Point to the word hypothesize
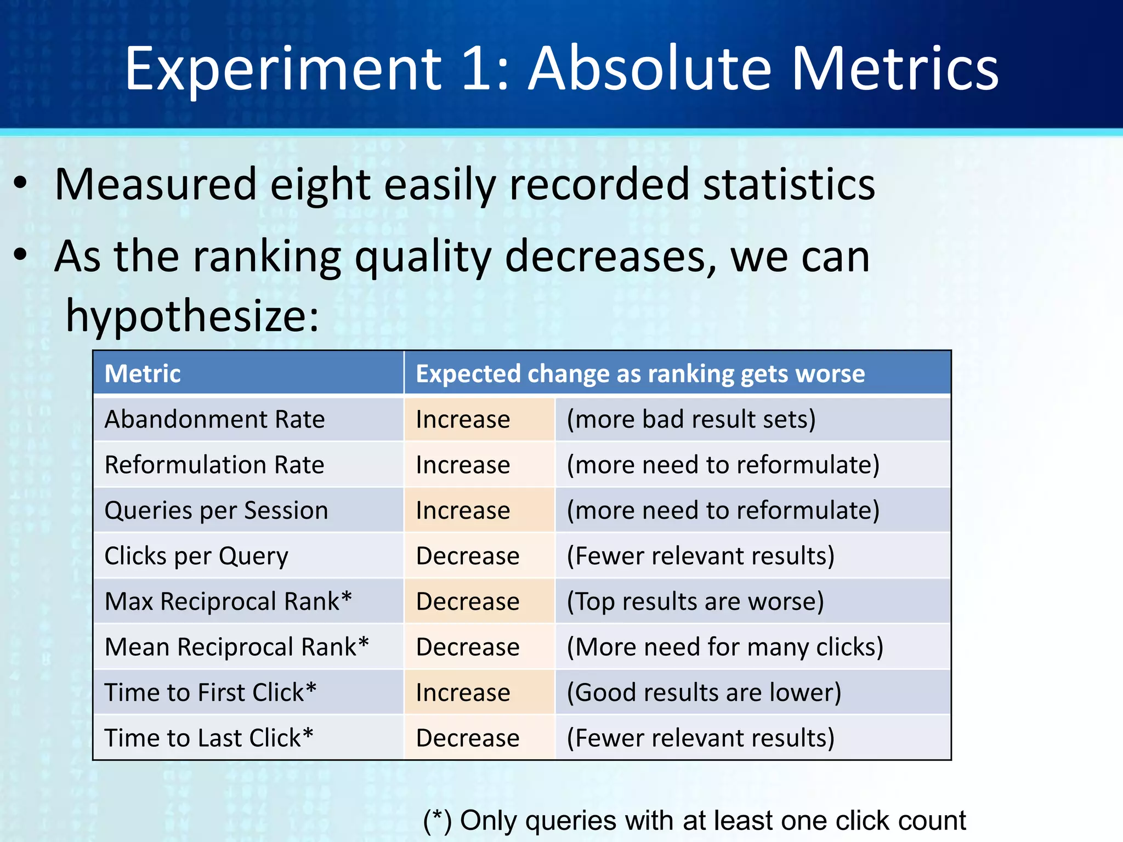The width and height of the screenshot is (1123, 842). point(192,317)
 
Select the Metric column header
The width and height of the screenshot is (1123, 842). point(143,374)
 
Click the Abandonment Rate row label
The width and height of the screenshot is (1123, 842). point(214,419)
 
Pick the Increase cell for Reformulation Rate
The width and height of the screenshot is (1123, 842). point(463,465)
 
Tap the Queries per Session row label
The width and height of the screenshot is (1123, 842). point(216,510)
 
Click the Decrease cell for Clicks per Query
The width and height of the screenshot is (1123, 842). point(467,556)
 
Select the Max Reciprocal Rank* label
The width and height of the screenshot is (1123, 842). point(228,601)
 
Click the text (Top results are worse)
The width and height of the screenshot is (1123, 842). point(695,601)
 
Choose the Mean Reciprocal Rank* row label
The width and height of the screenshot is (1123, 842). point(236,647)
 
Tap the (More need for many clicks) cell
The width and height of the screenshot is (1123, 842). point(725,647)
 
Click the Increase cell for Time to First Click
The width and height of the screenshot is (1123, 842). point(463,692)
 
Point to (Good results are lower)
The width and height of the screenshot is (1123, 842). point(704,692)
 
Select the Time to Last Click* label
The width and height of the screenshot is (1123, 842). point(208,738)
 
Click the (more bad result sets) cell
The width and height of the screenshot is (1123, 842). point(691,419)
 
